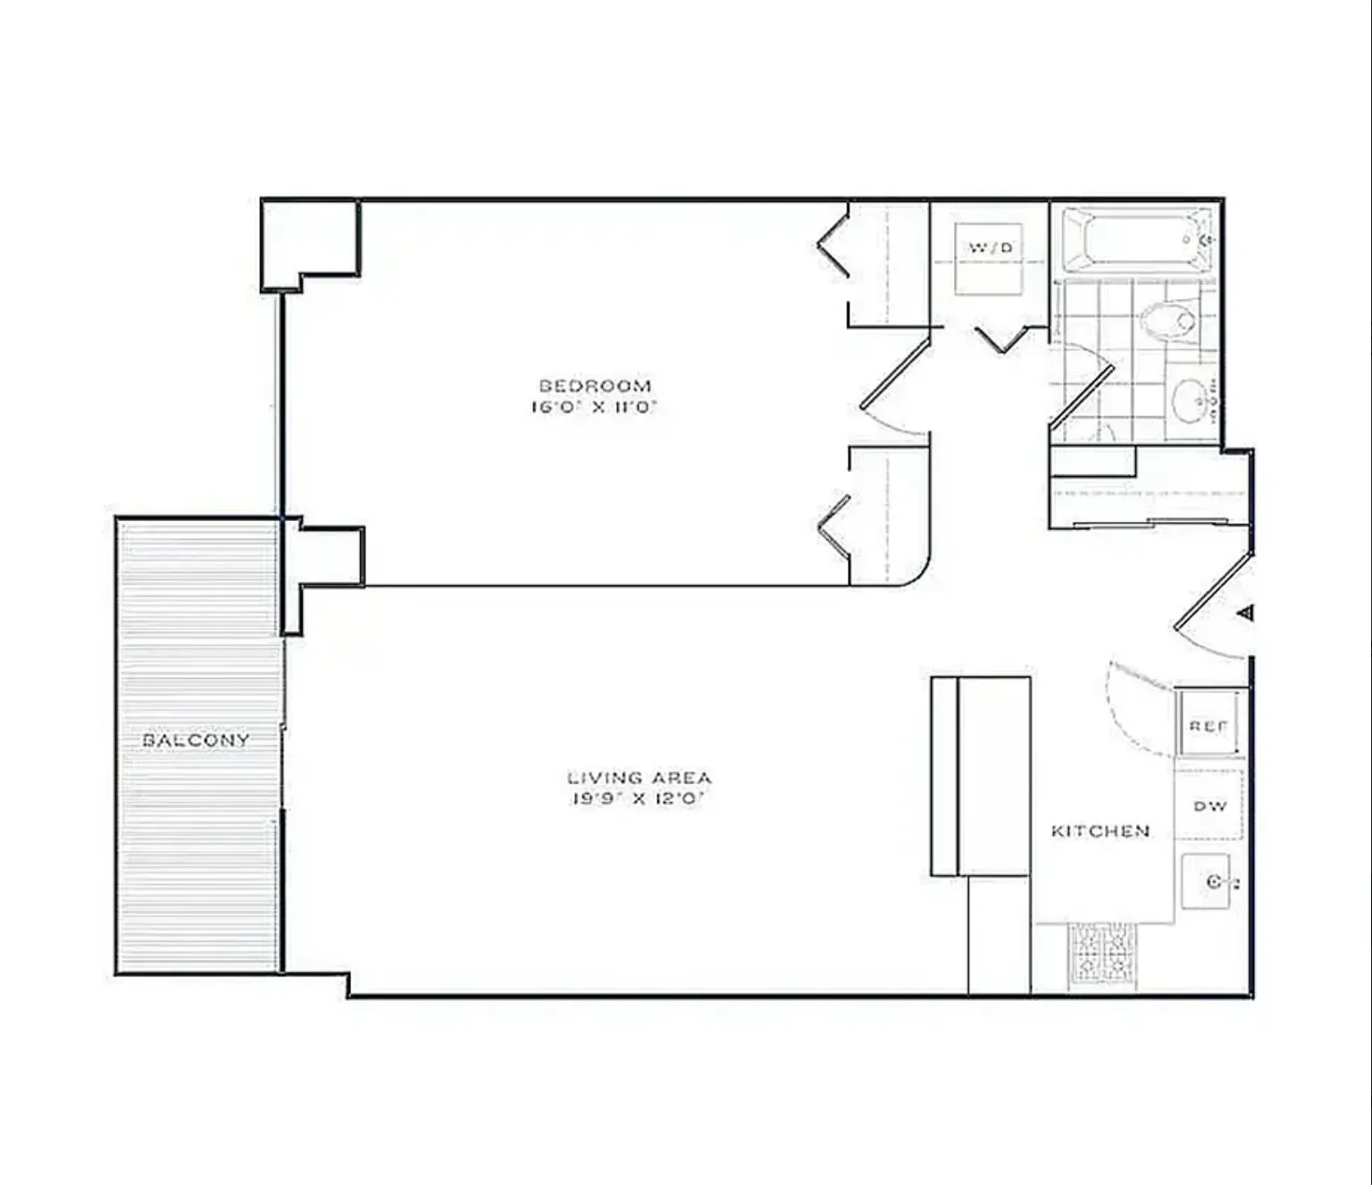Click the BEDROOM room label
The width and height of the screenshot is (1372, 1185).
595,386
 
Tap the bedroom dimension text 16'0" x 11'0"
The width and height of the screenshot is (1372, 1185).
595,408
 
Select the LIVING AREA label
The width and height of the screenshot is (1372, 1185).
640,777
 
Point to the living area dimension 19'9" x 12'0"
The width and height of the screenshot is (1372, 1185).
640,799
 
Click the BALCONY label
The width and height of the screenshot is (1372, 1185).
196,740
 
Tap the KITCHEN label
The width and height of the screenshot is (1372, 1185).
1100,831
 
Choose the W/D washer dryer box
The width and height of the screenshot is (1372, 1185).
989,257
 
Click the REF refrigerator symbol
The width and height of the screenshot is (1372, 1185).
1209,725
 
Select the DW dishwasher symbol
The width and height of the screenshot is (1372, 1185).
1209,806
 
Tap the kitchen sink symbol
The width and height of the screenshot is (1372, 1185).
1209,882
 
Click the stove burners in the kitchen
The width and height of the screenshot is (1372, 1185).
1103,954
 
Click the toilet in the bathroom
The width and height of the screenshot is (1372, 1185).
1168,320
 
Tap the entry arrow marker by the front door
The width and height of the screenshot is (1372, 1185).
1246,613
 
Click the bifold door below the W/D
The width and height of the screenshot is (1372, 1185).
1004,340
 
